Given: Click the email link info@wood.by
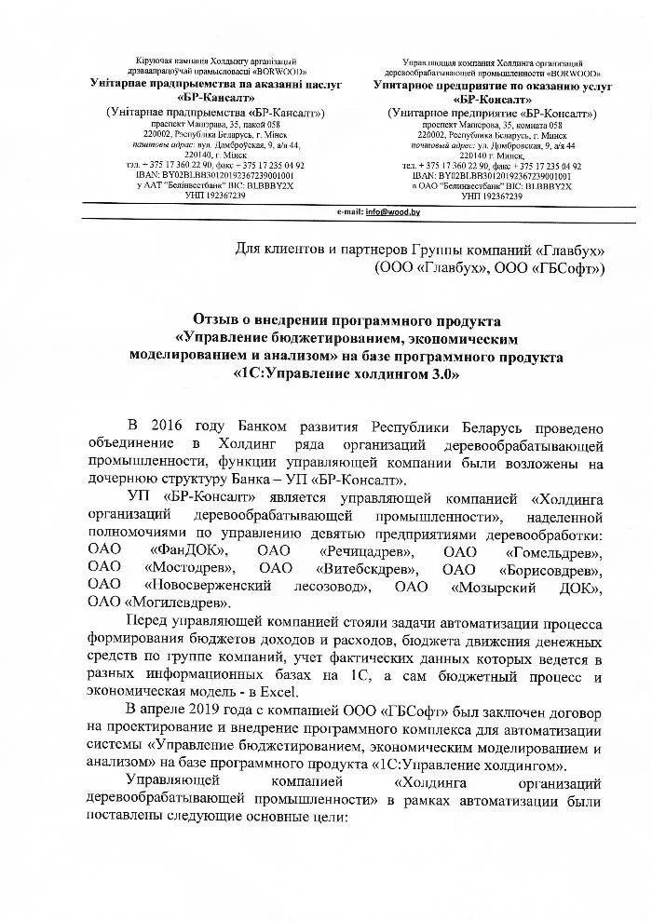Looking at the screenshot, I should (392, 213).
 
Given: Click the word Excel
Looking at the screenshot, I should (278, 690).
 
